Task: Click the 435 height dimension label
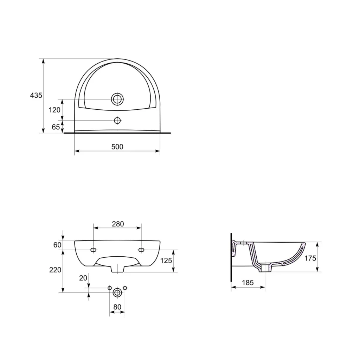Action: (36, 95)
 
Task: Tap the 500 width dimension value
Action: (117, 147)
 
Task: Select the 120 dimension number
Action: (54, 110)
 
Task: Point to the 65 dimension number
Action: (56, 127)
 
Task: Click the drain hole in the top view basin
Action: (117, 99)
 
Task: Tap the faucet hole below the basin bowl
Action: (117, 120)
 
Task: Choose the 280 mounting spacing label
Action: (118, 224)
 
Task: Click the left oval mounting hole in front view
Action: (94, 250)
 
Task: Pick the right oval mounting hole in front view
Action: (141, 250)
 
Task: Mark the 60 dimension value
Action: (57, 245)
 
